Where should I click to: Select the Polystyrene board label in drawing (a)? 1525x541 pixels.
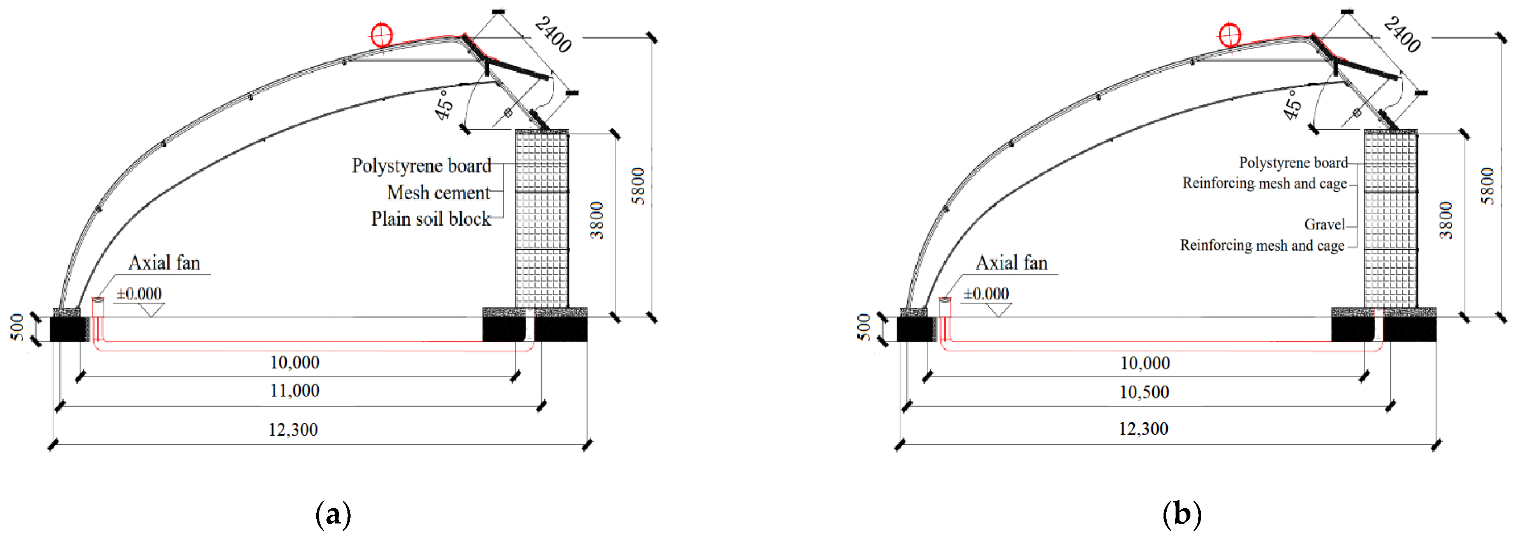tap(421, 166)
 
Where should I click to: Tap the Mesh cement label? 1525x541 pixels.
tap(439, 193)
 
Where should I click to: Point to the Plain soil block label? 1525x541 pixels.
tap(430, 219)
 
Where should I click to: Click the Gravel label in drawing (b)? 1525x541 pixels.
tap(1324, 224)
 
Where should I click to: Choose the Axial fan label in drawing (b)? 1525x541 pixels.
tap(1011, 263)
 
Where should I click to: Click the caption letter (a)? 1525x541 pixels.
tap(333, 514)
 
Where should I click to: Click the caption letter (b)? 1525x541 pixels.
tap(1182, 514)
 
